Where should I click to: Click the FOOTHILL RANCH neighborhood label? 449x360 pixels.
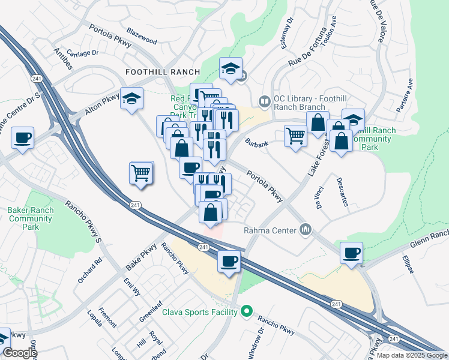point(154,71)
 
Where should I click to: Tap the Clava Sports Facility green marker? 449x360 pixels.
point(246,311)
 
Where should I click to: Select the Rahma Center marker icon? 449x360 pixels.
point(306,229)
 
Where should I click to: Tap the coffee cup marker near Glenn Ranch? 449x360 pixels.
point(351,252)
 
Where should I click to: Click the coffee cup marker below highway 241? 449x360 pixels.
point(229,262)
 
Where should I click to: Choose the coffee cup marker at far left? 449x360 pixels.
point(22,137)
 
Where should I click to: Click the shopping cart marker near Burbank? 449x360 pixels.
point(295,137)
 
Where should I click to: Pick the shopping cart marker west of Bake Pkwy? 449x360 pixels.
point(141,173)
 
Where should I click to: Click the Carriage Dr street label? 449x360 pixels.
point(82,53)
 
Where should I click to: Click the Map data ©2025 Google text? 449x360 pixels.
point(411,355)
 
